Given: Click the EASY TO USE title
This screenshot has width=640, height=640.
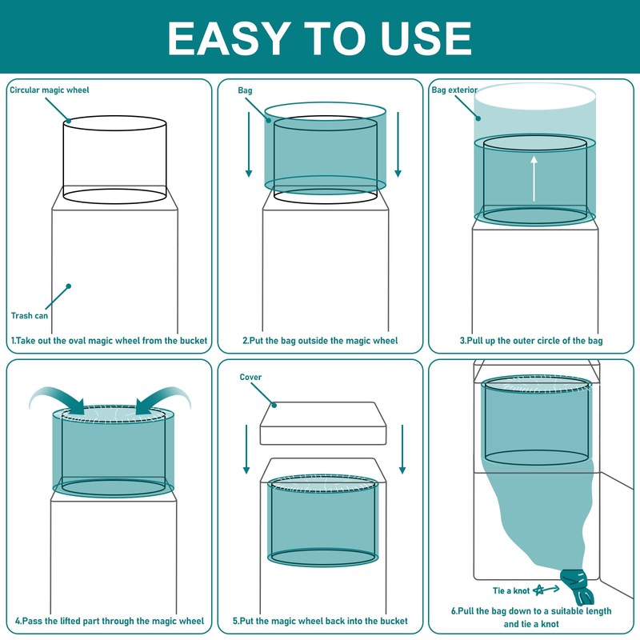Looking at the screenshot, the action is pyautogui.click(x=319, y=38).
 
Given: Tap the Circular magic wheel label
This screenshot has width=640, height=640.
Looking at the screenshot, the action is pyautogui.click(x=50, y=90).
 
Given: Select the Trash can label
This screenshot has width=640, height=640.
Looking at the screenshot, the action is pyautogui.click(x=30, y=315).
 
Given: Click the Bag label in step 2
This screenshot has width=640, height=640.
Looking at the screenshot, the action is pyautogui.click(x=245, y=90).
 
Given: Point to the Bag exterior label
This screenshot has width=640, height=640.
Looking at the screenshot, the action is pyautogui.click(x=454, y=90).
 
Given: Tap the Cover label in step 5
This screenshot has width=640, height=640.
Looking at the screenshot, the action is pyautogui.click(x=250, y=377).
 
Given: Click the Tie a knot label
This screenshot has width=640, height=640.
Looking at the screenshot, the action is pyautogui.click(x=511, y=590).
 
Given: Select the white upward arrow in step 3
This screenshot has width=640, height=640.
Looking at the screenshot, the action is pyautogui.click(x=534, y=178).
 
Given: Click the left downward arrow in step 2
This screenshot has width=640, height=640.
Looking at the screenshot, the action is pyautogui.click(x=249, y=145).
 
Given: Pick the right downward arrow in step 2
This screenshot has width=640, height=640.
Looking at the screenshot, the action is pyautogui.click(x=398, y=145).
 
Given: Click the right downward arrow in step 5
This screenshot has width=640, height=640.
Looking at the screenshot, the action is pyautogui.click(x=402, y=449).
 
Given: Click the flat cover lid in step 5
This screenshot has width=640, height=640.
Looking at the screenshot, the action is pyautogui.click(x=323, y=423).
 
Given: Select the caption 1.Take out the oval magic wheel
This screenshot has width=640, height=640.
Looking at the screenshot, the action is pyautogui.click(x=109, y=341).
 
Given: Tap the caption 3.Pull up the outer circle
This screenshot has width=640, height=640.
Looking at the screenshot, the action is pyautogui.click(x=531, y=341).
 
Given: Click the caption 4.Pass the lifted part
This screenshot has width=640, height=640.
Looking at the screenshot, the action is pyautogui.click(x=110, y=621).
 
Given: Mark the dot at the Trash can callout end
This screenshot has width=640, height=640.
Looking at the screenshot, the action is pyautogui.click(x=69, y=286).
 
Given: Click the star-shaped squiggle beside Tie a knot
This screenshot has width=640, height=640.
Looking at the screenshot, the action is pyautogui.click(x=539, y=590).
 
